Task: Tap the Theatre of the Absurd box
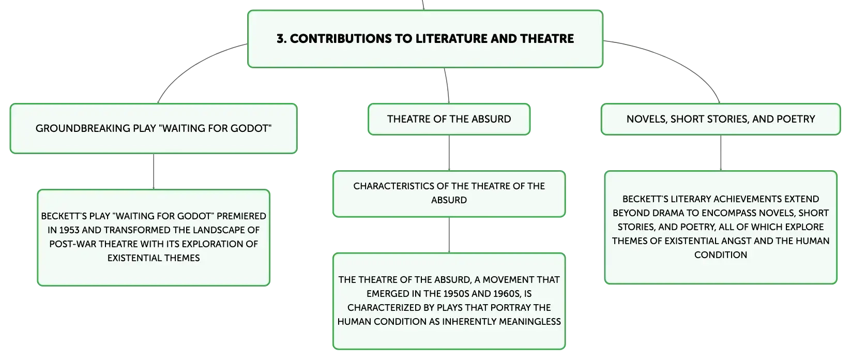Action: [449, 119]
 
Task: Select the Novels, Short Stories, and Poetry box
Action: [721, 119]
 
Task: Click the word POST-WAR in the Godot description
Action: [73, 244]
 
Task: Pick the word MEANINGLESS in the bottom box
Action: [529, 322]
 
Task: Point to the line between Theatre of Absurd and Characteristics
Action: [449, 153]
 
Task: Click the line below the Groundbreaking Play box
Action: [154, 171]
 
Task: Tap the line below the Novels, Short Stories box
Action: [721, 153]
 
